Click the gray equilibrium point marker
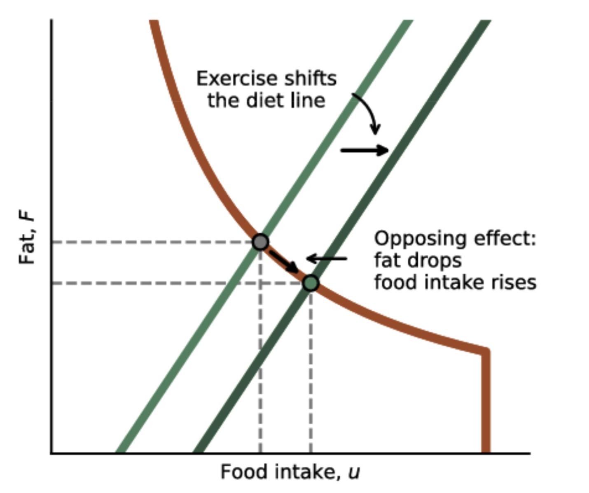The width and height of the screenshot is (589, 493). coord(260,242)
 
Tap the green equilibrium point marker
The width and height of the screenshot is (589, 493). coord(311,283)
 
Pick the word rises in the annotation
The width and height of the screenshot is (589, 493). coord(517,282)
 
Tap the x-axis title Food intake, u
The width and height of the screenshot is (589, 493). coord(290,472)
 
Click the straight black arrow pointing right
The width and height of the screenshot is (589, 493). coord(365,151)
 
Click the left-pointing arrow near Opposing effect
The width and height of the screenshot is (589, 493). coord(327,258)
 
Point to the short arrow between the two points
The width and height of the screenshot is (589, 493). coord(284,262)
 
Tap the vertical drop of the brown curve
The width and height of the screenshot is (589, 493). coord(486,403)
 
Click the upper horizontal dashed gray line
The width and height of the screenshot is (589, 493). coord(152,242)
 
